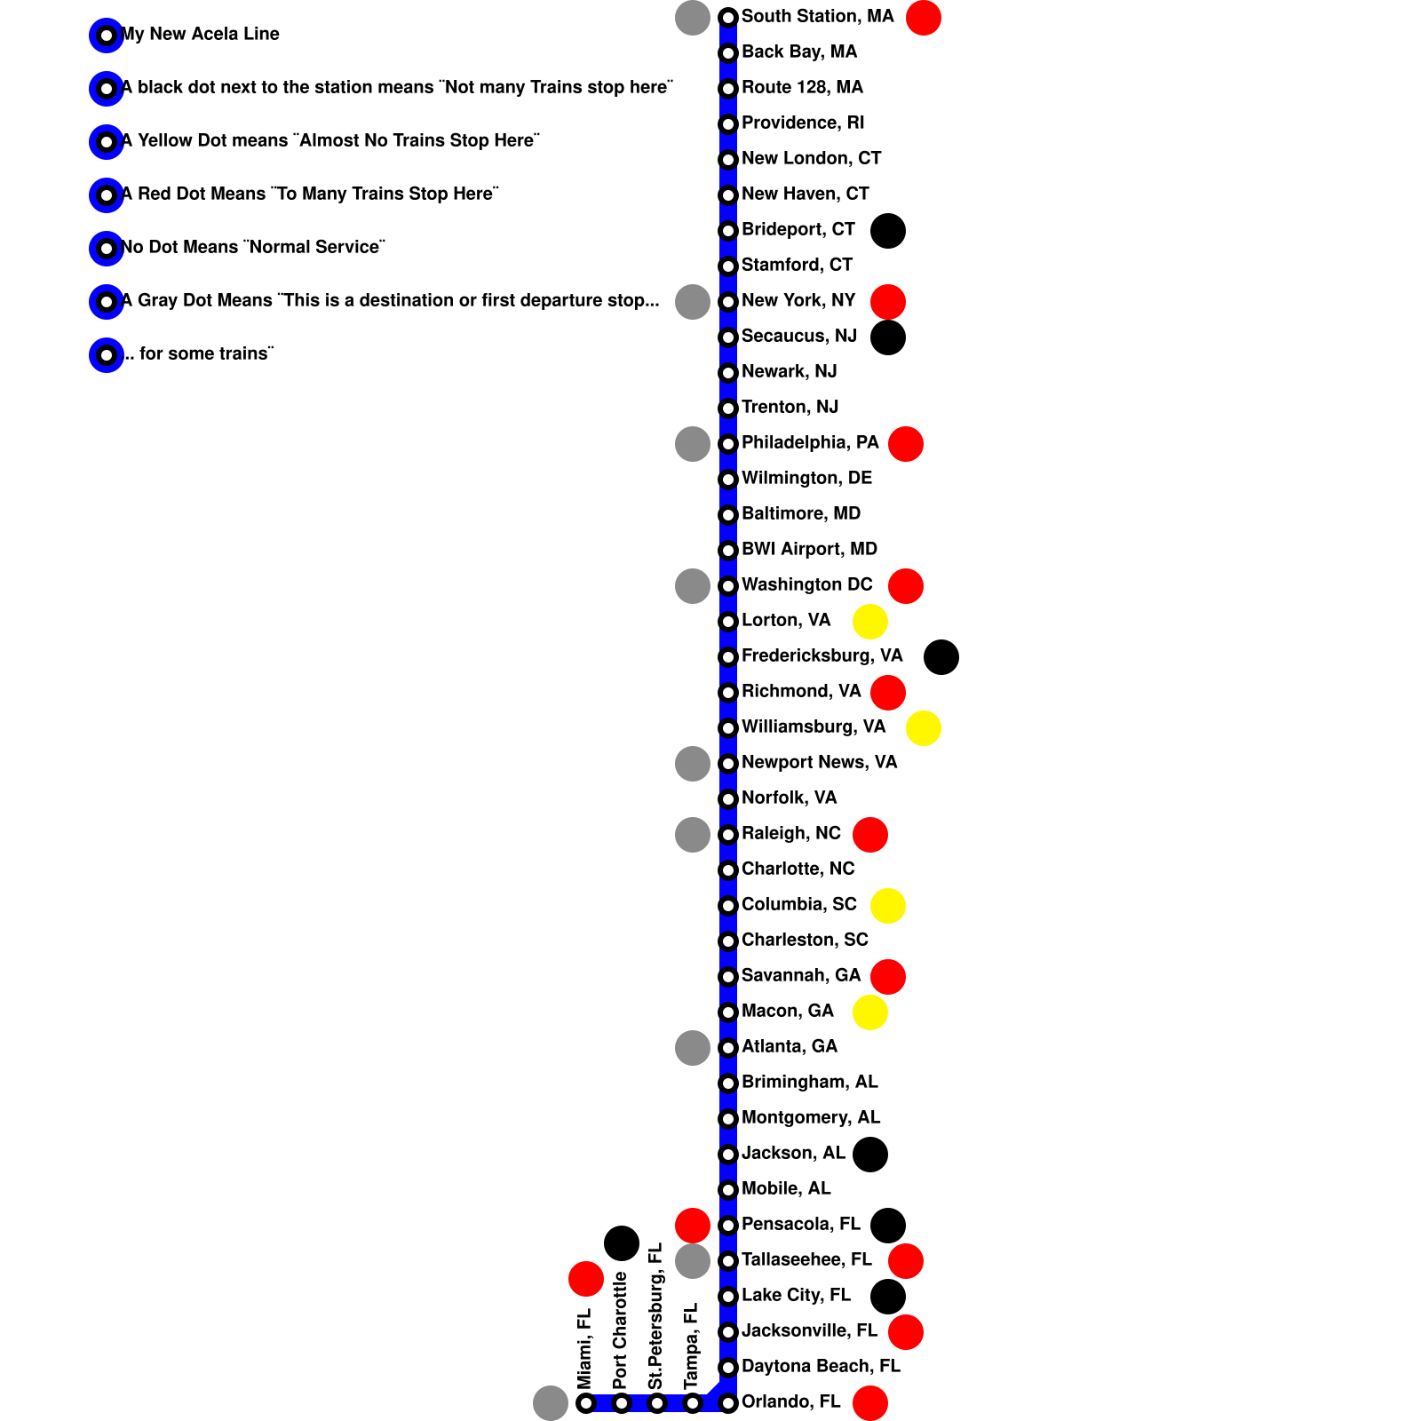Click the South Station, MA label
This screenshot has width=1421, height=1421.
817,17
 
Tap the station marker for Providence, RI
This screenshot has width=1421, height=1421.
728,124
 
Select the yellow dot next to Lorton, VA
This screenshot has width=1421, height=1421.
870,622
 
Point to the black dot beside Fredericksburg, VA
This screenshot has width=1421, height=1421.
941,657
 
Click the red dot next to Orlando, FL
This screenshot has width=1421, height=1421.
870,1403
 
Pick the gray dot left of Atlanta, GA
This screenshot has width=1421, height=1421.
693,1048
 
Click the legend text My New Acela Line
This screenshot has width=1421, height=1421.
200,35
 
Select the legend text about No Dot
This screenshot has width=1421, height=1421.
253,248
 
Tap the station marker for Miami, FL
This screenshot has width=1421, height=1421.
586,1403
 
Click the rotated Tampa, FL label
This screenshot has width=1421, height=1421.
692,1346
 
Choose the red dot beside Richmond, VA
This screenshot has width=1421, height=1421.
888,693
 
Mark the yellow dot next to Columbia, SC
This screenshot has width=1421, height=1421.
888,906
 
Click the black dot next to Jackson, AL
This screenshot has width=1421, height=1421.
870,1155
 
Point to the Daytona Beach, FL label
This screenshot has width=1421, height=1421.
821,1367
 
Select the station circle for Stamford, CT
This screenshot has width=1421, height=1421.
728,266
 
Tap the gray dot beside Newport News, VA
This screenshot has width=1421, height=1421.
693,764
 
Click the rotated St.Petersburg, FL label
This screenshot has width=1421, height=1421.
656,1316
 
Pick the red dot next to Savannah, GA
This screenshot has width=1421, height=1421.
888,977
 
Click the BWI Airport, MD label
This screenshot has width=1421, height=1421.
809,550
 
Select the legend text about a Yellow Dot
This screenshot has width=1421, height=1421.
330,141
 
